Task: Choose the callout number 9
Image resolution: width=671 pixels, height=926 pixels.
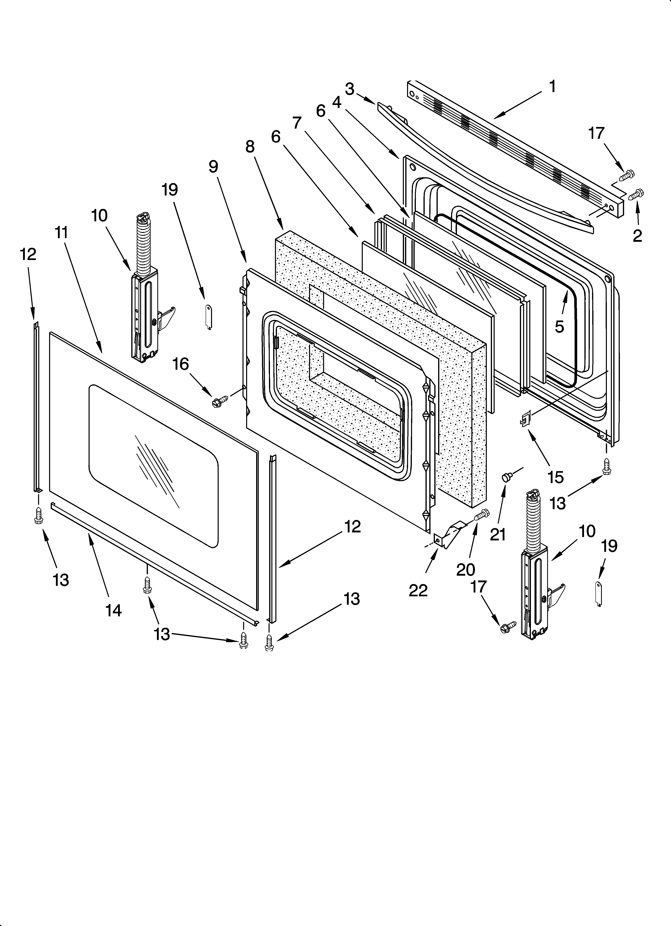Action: coord(213,167)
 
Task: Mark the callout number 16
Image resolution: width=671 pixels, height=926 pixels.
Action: coord(181,364)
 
